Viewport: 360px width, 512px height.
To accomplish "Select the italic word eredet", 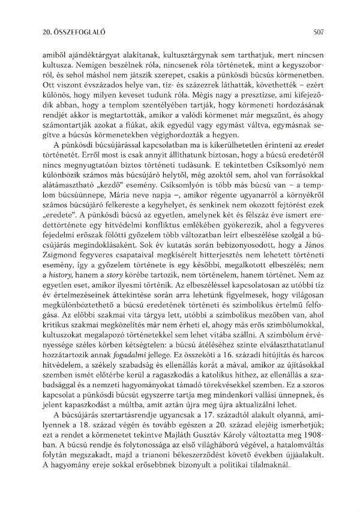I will pos(314,153).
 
